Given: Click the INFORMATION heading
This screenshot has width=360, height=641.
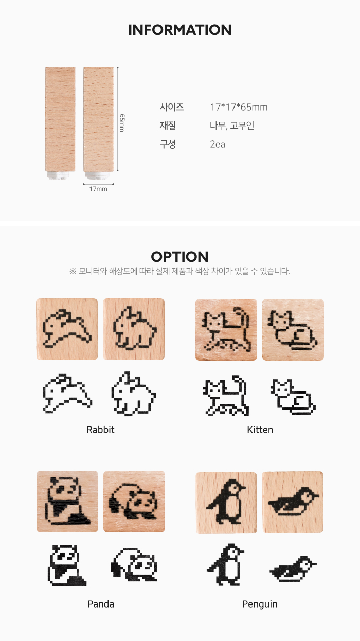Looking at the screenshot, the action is (x=179, y=30).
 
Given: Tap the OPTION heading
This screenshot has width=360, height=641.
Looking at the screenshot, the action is (x=179, y=257).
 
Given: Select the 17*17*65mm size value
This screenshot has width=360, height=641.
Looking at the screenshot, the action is (x=239, y=107).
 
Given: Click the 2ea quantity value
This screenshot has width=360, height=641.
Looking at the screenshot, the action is (x=218, y=144).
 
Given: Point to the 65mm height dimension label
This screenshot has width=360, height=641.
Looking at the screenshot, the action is (x=122, y=123).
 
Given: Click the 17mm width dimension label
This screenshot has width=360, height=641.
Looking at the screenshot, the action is (x=98, y=189).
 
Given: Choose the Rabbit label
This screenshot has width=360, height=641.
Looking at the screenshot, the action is (x=100, y=430).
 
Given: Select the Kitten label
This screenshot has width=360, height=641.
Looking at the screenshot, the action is (x=260, y=430).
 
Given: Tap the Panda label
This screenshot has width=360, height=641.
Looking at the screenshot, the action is (x=101, y=604).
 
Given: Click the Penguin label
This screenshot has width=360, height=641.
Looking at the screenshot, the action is (x=260, y=604).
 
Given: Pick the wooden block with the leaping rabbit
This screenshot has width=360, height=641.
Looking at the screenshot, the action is (x=67, y=329).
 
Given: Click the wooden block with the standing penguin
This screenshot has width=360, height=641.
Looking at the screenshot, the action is (x=226, y=503).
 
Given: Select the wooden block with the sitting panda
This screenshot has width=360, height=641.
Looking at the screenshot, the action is (x=67, y=502).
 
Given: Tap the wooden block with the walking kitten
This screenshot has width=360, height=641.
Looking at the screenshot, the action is (x=226, y=330).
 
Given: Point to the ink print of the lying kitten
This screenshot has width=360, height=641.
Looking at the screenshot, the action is (x=293, y=397).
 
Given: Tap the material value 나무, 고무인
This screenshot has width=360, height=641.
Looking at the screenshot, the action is (x=232, y=126).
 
